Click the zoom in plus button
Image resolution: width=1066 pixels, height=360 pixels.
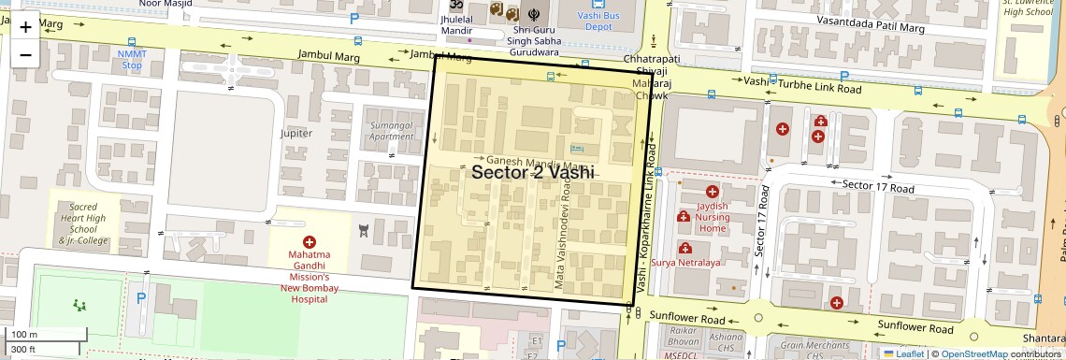point(25,27)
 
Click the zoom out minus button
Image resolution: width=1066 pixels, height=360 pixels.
point(25,54)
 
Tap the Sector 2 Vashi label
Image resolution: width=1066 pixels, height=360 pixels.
point(532,173)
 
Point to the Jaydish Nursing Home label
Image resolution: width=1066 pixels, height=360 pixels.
point(713,217)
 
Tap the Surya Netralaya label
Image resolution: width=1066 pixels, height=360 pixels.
point(686,263)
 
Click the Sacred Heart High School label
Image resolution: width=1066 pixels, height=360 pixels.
point(83,223)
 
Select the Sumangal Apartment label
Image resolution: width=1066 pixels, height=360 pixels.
point(391,131)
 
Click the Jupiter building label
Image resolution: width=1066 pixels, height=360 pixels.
point(296,134)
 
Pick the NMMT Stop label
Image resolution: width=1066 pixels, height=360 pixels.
point(131,60)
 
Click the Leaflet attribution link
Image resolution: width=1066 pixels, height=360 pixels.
point(909,354)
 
